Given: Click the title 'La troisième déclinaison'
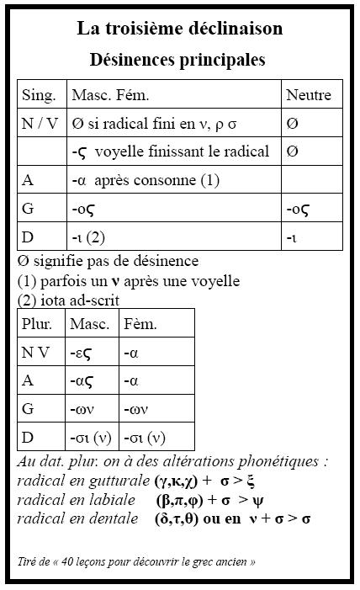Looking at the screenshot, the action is pos(179,29).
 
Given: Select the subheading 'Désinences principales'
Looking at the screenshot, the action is pos(177,60).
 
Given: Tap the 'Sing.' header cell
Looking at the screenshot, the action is pos(40,95).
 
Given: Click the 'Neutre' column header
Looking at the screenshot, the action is pos(309,95).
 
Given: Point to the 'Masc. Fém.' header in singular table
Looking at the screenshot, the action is pos(110,95).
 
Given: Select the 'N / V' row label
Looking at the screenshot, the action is pos(40,123).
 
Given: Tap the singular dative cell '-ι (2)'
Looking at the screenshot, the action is pos(89,237).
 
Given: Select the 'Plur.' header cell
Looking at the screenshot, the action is pos(38,324).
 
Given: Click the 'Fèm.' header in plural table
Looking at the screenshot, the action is pos(140,324).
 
